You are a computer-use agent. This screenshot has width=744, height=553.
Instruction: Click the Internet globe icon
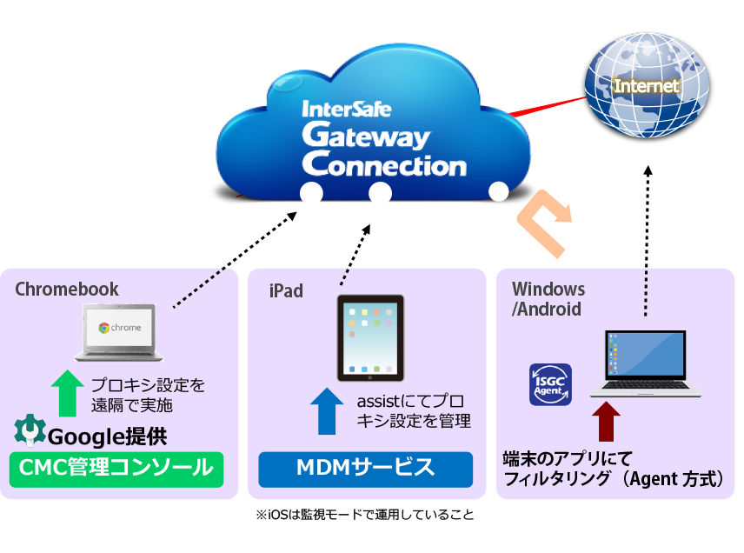[647, 87]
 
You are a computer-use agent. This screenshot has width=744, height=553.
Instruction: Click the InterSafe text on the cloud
[346, 110]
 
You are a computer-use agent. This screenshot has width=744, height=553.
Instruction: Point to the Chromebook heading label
[67, 290]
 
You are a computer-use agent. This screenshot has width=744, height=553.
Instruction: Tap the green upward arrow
[66, 392]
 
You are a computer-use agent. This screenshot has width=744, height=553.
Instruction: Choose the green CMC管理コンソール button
[116, 469]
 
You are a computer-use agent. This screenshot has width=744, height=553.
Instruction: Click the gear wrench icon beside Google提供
[29, 431]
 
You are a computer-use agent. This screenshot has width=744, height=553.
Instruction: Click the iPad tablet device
[370, 337]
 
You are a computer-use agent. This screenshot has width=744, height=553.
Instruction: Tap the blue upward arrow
[327, 410]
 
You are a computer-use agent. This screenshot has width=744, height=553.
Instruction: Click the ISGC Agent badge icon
[550, 384]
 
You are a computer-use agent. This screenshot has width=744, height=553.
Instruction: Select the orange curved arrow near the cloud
[545, 224]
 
